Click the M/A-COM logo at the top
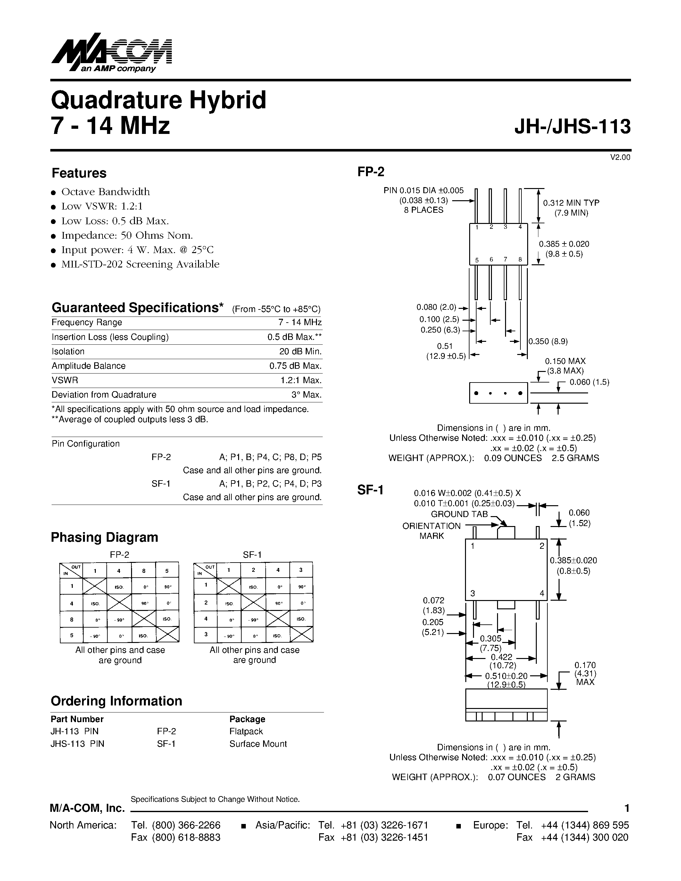coord(111,53)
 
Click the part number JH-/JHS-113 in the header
coord(572,127)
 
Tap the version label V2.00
coord(620,157)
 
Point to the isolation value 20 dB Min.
coord(300,351)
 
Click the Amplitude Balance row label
coord(88,366)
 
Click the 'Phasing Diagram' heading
coord(104,537)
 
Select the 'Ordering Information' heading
coord(116,701)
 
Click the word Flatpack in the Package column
coord(246,731)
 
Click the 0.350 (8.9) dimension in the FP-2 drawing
coord(548,341)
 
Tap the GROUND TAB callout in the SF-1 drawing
coord(459,514)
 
